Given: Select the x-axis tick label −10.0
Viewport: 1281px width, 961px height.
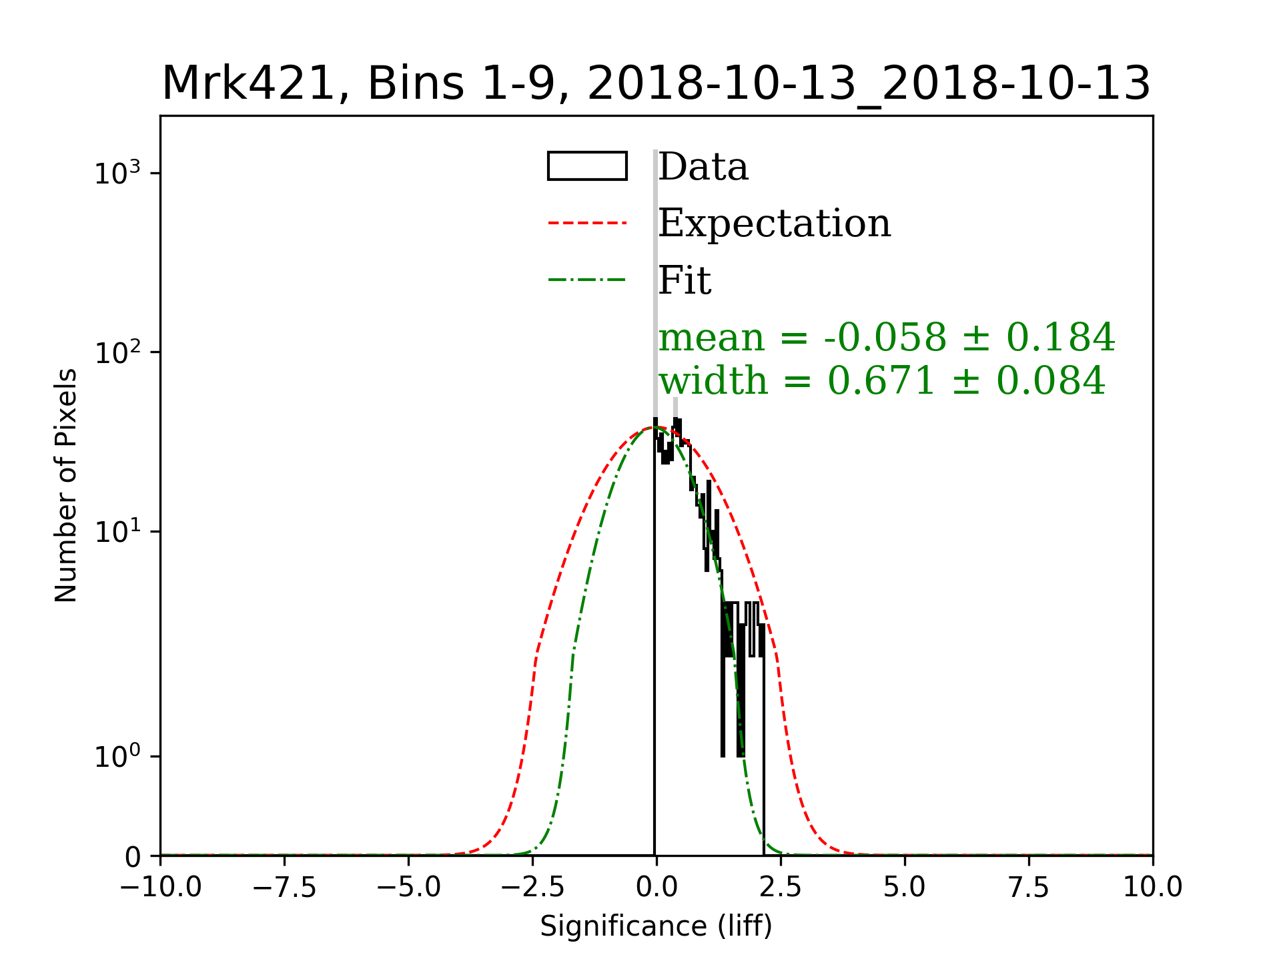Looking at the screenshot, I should pyautogui.click(x=160, y=888).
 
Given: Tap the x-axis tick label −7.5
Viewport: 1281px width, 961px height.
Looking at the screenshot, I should pyautogui.click(x=284, y=888).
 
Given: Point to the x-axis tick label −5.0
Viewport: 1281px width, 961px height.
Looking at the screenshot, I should pyautogui.click(x=408, y=888).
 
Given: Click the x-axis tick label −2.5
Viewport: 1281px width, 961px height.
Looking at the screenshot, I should pyautogui.click(x=532, y=888).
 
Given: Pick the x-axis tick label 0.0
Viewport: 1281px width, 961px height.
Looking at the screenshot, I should pyautogui.click(x=657, y=888).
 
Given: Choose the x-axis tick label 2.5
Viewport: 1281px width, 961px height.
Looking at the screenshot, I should pyautogui.click(x=781, y=888).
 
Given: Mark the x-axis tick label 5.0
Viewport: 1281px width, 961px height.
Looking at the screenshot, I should pyautogui.click(x=905, y=888).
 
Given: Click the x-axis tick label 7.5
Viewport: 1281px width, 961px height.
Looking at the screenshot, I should pyautogui.click(x=1029, y=888).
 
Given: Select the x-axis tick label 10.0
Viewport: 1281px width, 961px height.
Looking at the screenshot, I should pyautogui.click(x=1153, y=888).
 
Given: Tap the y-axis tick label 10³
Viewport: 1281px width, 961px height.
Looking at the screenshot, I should pyautogui.click(x=118, y=174).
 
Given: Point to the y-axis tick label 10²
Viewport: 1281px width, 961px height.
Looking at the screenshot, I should pyautogui.click(x=118, y=353).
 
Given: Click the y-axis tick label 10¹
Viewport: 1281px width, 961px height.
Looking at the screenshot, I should pyautogui.click(x=118, y=532).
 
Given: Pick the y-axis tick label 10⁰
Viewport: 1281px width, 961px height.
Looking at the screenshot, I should pyautogui.click(x=118, y=757).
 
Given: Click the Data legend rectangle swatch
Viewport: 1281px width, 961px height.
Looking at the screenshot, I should pyautogui.click(x=587, y=166).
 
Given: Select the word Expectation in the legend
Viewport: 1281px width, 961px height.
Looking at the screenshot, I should pyautogui.click(x=774, y=223).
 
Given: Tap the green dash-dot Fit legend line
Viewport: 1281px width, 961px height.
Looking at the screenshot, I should pyautogui.click(x=587, y=279).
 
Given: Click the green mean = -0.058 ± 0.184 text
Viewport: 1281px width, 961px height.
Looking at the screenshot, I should pyautogui.click(x=886, y=337).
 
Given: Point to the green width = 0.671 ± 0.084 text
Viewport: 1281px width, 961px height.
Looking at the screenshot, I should pyautogui.click(x=882, y=380).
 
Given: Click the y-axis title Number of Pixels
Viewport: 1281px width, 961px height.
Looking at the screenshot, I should pyautogui.click(x=66, y=485).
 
